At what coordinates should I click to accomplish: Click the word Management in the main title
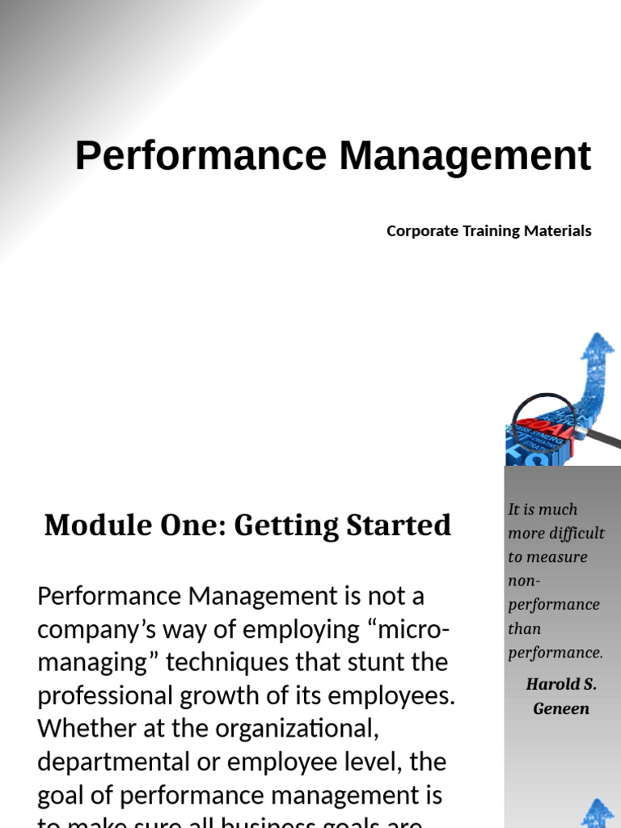coord(465,156)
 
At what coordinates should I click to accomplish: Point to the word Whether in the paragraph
coord(87,729)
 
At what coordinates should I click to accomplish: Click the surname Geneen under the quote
coord(561,709)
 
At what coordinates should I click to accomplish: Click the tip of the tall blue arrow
coord(598,335)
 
